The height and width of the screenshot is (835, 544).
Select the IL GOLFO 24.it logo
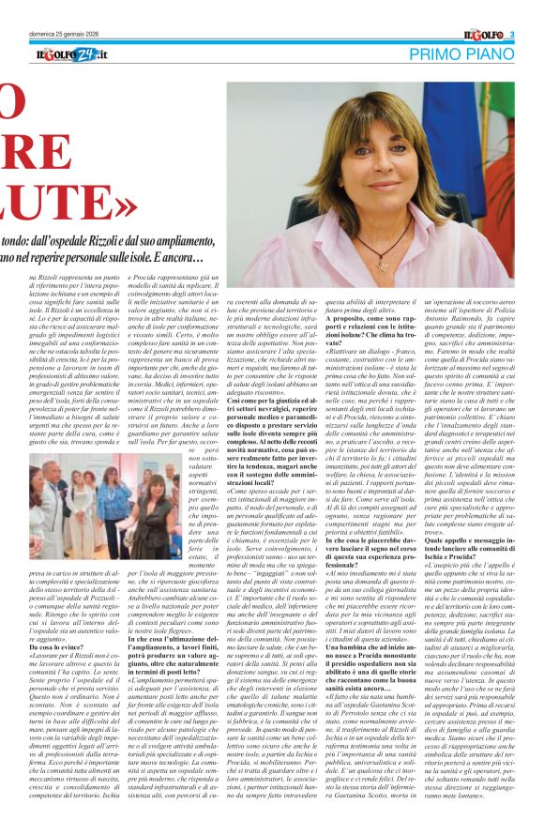[72, 55]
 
